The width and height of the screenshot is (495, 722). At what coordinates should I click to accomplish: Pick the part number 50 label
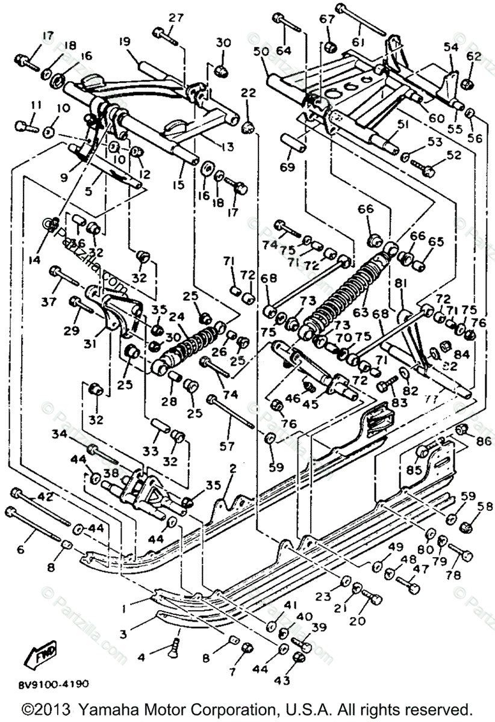(261, 52)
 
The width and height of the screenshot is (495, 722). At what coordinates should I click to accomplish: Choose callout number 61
(360, 42)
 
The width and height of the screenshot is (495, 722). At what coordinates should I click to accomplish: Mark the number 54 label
(451, 47)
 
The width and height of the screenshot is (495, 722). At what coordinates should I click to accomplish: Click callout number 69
(288, 167)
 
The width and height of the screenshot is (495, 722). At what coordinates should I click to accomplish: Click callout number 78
(453, 575)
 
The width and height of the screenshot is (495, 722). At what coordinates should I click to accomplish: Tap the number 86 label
(484, 441)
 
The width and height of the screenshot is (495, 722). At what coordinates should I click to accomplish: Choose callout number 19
(125, 42)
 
